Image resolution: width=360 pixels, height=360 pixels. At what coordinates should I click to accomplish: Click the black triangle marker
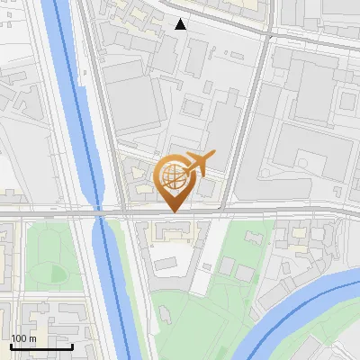(180, 24)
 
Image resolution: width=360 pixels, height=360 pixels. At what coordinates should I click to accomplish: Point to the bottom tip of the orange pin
(173, 212)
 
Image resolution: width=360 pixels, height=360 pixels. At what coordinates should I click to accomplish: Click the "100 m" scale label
(24, 337)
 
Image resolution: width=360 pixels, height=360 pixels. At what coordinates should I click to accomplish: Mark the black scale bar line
(41, 346)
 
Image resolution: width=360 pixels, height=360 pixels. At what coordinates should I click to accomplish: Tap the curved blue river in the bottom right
(297, 310)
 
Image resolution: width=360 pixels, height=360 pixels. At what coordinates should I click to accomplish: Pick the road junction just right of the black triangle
(268, 34)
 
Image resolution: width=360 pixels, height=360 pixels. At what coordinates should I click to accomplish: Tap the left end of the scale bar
(11, 346)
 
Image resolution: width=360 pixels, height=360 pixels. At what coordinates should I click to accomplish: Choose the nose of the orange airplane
(214, 155)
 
